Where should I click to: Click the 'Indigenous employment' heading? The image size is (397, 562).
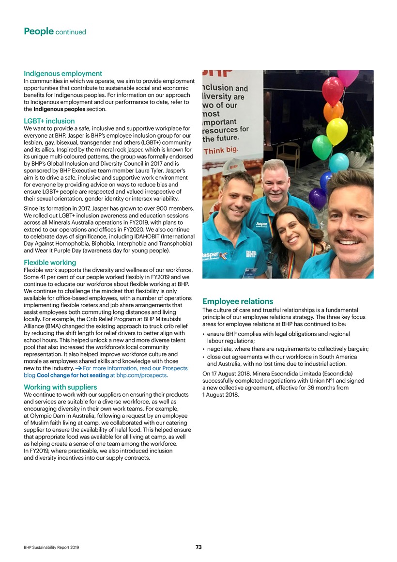coord(63,74)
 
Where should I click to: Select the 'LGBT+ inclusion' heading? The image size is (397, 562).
coord(49,121)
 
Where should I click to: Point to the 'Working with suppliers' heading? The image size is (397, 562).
coord(61,387)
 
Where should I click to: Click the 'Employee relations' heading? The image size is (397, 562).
coord(238,301)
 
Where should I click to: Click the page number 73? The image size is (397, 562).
coord(198,547)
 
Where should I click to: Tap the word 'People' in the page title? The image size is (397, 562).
coord(38,31)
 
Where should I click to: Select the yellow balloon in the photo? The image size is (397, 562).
coord(336,131)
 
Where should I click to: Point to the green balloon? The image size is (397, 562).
coord(322,147)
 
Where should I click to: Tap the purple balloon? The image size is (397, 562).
coord(318,198)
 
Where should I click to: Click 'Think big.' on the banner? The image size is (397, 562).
coord(219,151)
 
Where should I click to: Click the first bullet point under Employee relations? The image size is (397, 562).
coord(205,334)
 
